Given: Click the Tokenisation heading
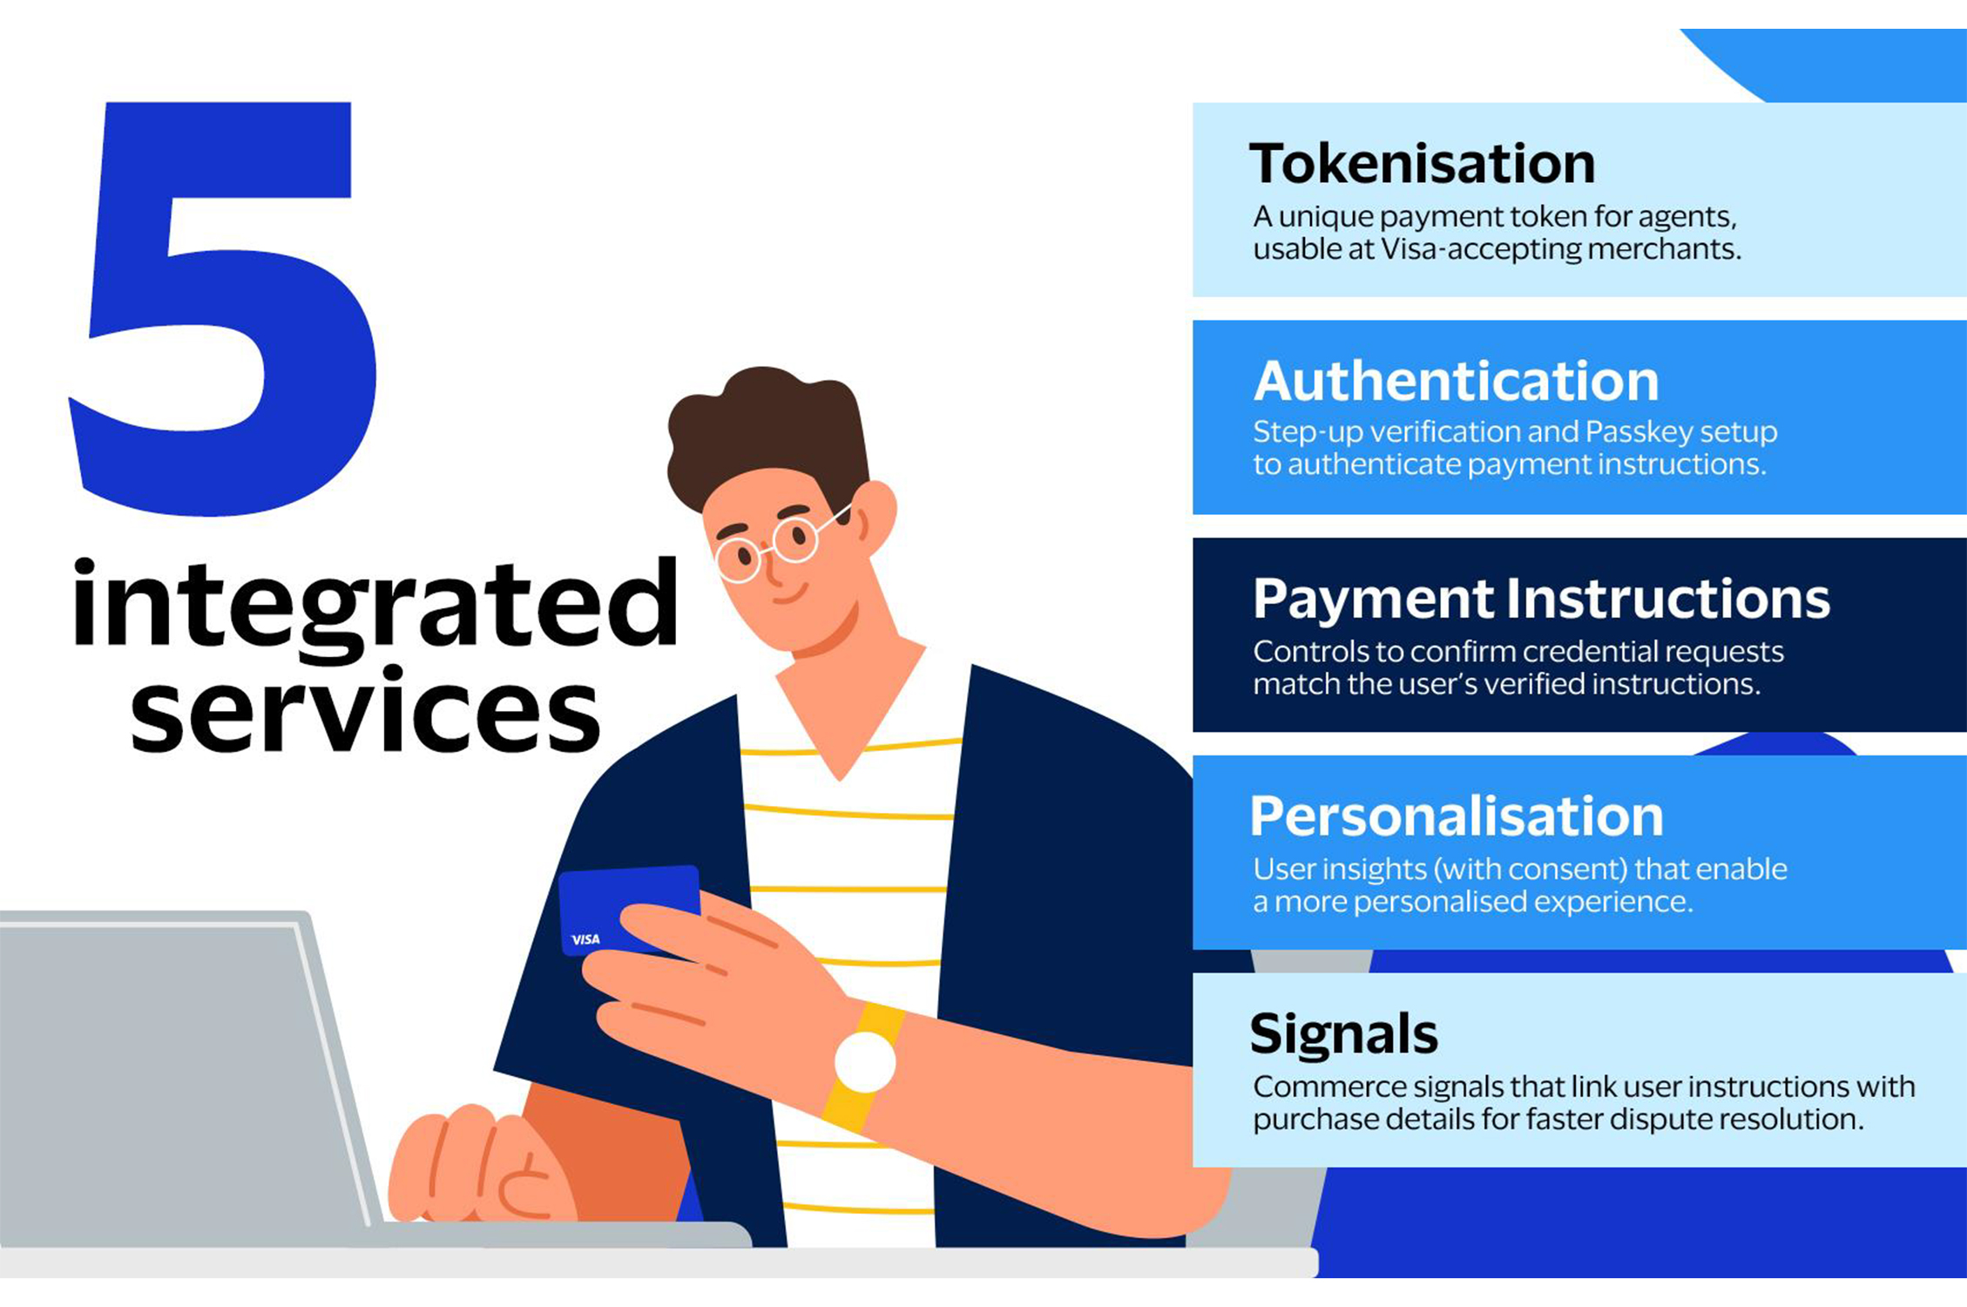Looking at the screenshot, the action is pyautogui.click(x=1422, y=163).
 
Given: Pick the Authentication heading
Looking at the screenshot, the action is pyautogui.click(x=1457, y=381).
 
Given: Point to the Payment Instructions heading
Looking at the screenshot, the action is pyautogui.click(x=1541, y=599).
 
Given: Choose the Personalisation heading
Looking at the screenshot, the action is pyautogui.click(x=1457, y=816).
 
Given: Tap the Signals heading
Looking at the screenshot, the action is pyautogui.click(x=1343, y=1034).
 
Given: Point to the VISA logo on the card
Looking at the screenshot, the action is pyautogui.click(x=585, y=939).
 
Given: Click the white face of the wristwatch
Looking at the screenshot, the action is pyautogui.click(x=865, y=1061).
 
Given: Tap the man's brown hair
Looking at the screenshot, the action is pyautogui.click(x=767, y=436).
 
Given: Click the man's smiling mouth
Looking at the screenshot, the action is pyautogui.click(x=790, y=596).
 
